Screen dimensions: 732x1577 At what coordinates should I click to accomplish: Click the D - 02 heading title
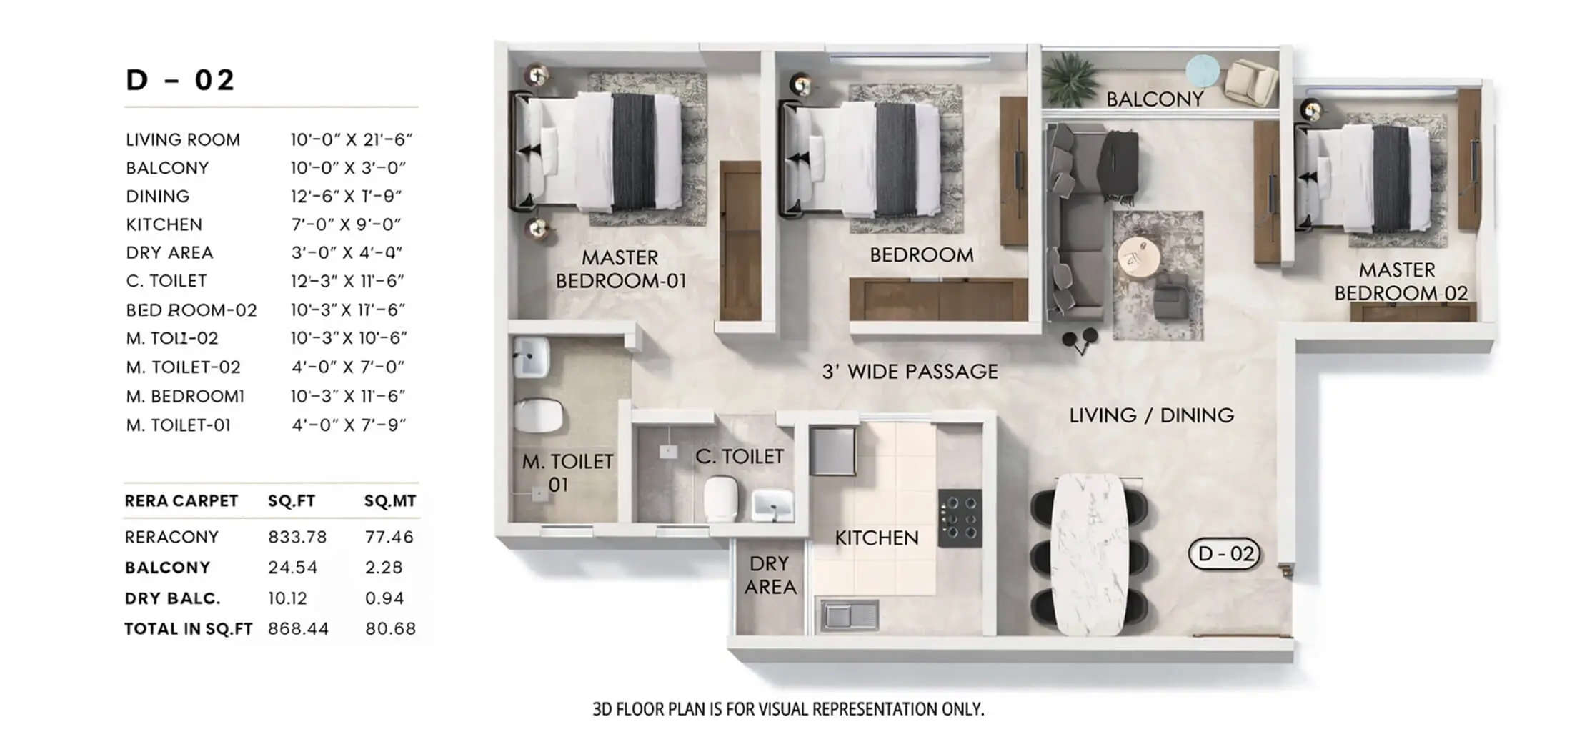pyautogui.click(x=179, y=80)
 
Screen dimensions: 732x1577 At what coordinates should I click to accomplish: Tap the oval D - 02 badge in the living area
pyautogui.click(x=1225, y=554)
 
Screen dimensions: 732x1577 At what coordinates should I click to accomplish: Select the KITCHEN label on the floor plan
pyautogui.click(x=876, y=538)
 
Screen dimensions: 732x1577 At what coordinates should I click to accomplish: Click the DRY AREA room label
pyautogui.click(x=770, y=575)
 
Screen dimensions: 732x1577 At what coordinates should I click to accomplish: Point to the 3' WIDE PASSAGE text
pyautogui.click(x=909, y=372)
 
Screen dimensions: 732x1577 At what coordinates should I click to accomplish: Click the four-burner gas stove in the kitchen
pyautogui.click(x=960, y=518)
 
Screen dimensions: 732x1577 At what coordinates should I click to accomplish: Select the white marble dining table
pyautogui.click(x=1090, y=554)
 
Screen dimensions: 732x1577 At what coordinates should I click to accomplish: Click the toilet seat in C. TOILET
pyautogui.click(x=720, y=498)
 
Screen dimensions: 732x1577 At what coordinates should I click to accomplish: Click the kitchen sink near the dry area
pyautogui.click(x=850, y=615)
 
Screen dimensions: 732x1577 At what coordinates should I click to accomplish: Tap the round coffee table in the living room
pyautogui.click(x=1139, y=257)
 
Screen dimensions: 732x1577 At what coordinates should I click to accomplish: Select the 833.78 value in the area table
pyautogui.click(x=297, y=537)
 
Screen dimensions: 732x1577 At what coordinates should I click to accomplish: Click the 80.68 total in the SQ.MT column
pyautogui.click(x=390, y=628)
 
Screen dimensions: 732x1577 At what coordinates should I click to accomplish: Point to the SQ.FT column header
pyautogui.click(x=291, y=501)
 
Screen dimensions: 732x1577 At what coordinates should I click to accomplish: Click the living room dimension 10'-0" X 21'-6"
pyautogui.click(x=351, y=139)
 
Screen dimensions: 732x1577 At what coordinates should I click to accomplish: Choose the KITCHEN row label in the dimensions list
pyautogui.click(x=164, y=224)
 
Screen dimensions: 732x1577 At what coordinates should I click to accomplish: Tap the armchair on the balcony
pyautogui.click(x=1250, y=81)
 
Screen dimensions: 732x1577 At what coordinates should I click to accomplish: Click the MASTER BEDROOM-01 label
pyautogui.click(x=620, y=269)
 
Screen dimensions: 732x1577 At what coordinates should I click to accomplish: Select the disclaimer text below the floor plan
pyautogui.click(x=787, y=709)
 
